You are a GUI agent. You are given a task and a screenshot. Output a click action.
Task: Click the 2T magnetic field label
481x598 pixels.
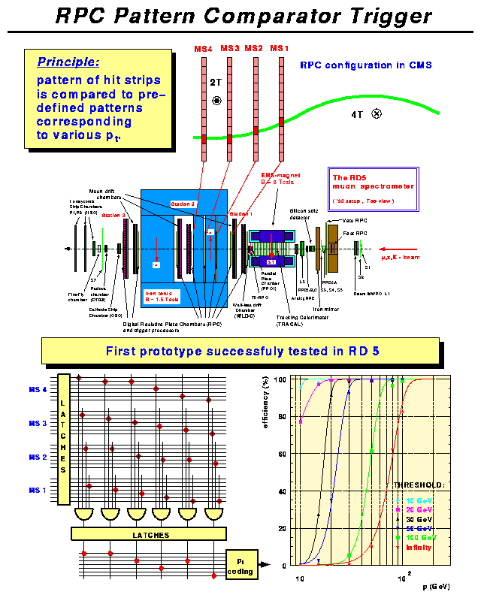coord(216,80)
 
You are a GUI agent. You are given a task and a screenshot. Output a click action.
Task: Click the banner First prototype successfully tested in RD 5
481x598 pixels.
coord(240,350)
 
